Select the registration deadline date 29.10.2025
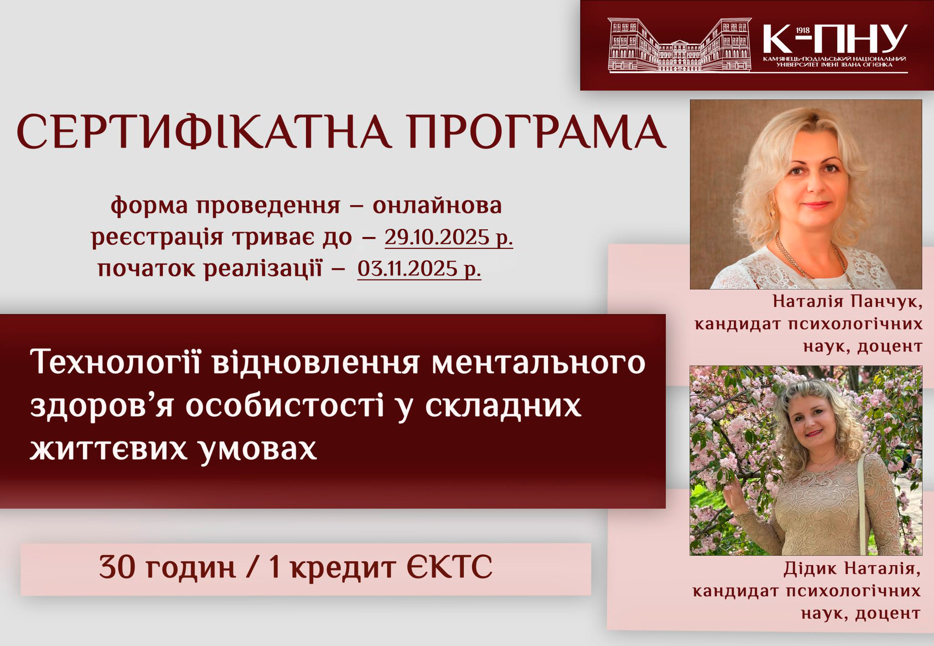click(x=440, y=238)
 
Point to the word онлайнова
click(x=437, y=206)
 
